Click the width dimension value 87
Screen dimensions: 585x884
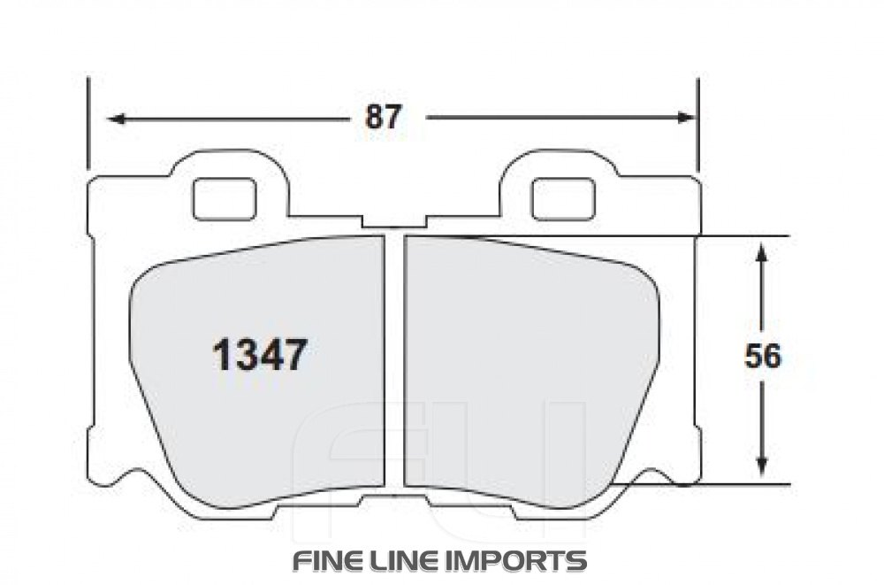[x=384, y=117]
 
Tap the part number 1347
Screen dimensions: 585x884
[x=259, y=356]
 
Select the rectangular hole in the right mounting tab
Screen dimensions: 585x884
[x=562, y=198]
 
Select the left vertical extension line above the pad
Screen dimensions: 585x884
[x=88, y=124]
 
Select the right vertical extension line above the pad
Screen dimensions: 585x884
[x=698, y=124]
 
